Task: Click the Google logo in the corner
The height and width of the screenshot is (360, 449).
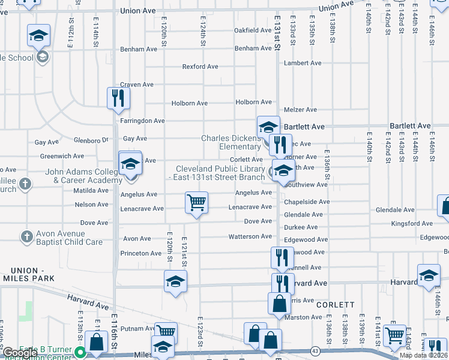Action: pos(19,353)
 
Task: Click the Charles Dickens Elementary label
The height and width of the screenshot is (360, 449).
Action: pos(231,142)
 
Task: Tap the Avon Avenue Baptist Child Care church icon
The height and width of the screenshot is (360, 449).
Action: pos(26,238)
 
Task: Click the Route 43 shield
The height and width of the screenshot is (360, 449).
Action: pos(315,350)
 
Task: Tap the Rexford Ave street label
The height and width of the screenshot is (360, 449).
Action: pos(200,67)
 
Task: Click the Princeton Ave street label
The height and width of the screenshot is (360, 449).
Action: pos(141,253)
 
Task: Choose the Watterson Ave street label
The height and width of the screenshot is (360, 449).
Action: pos(250,236)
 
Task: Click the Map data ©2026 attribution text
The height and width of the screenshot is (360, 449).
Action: pos(424,355)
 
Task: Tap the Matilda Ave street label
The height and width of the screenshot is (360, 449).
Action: pos(91,190)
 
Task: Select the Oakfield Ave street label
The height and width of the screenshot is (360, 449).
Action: pos(253,30)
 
